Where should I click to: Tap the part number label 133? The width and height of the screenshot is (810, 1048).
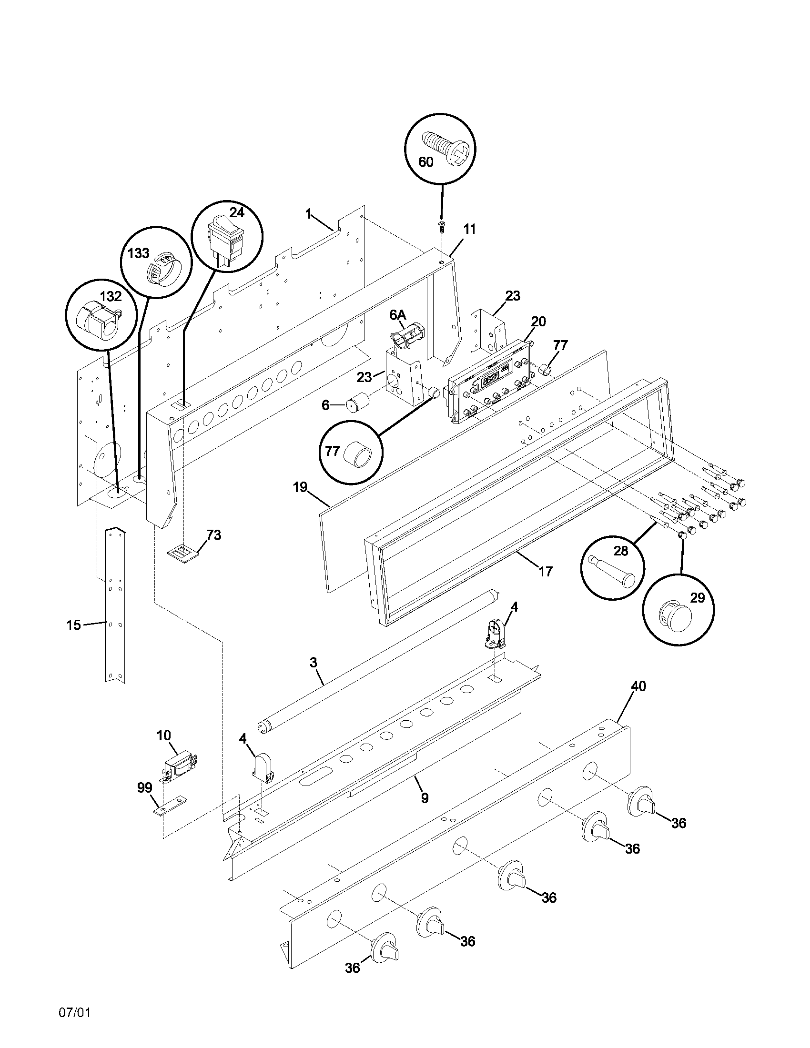click(x=138, y=253)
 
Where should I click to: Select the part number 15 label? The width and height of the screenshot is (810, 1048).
click(x=73, y=625)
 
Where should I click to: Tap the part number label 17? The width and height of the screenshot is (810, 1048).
click(x=546, y=571)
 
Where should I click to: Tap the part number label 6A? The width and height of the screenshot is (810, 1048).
click(x=397, y=315)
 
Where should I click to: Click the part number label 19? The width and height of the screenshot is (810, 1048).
click(x=300, y=487)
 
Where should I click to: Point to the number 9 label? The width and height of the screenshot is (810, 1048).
click(x=425, y=798)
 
